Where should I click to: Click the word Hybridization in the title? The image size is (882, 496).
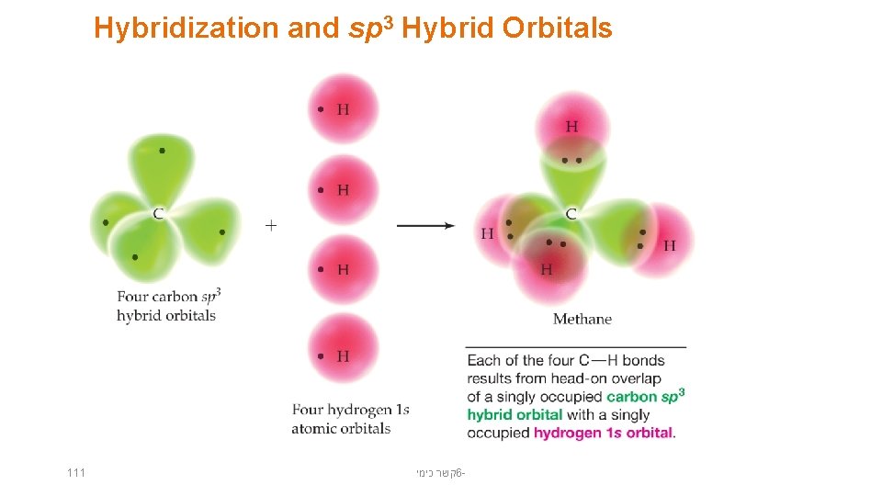pos(187,28)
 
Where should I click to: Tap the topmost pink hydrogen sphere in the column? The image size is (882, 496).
pos(343,109)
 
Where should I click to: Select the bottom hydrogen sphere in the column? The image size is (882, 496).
pos(343,355)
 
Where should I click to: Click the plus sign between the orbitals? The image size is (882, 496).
pos(271,224)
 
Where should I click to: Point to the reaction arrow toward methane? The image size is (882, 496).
pos(425,225)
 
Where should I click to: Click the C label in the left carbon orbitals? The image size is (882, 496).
pos(159,214)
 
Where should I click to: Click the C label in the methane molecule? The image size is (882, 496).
pos(571,214)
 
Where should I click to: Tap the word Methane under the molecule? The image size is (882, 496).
pos(582,320)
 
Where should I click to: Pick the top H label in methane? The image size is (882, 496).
pos(571,127)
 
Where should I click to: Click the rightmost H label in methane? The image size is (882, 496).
pos(669,245)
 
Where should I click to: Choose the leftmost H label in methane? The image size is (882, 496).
pos(487,233)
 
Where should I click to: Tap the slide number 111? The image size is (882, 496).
pos(76,472)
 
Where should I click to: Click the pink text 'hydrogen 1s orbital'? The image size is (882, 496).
pos(604,433)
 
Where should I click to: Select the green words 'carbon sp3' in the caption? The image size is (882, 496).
pos(646,396)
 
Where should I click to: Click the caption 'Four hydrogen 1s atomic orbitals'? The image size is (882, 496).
pos(350,419)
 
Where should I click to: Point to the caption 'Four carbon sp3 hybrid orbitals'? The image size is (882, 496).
pos(168,306)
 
